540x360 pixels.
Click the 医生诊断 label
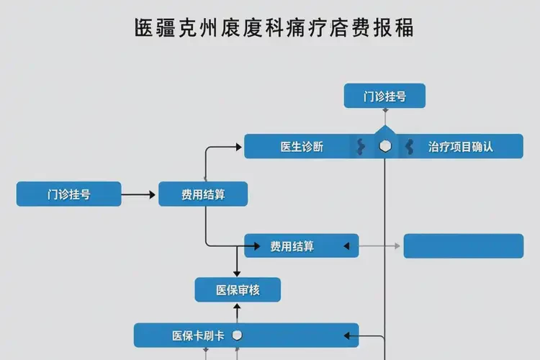[302, 147]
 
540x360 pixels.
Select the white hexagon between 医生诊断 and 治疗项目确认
[385, 146]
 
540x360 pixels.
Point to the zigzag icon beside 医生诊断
[361, 147]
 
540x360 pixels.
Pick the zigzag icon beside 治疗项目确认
[409, 147]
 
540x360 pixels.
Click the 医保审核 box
[238, 290]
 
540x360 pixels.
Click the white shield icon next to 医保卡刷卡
[238, 336]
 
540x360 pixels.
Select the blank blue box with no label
[463, 246]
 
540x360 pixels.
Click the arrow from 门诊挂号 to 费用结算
[139, 194]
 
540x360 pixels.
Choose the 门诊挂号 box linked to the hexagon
[384, 96]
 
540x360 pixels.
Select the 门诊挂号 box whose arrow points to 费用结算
[69, 194]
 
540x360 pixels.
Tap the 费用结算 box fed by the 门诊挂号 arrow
[203, 194]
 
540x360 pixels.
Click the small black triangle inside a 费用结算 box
[346, 246]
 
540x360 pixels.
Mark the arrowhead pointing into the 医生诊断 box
[239, 147]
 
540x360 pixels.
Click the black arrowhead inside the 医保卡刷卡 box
[346, 336]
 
